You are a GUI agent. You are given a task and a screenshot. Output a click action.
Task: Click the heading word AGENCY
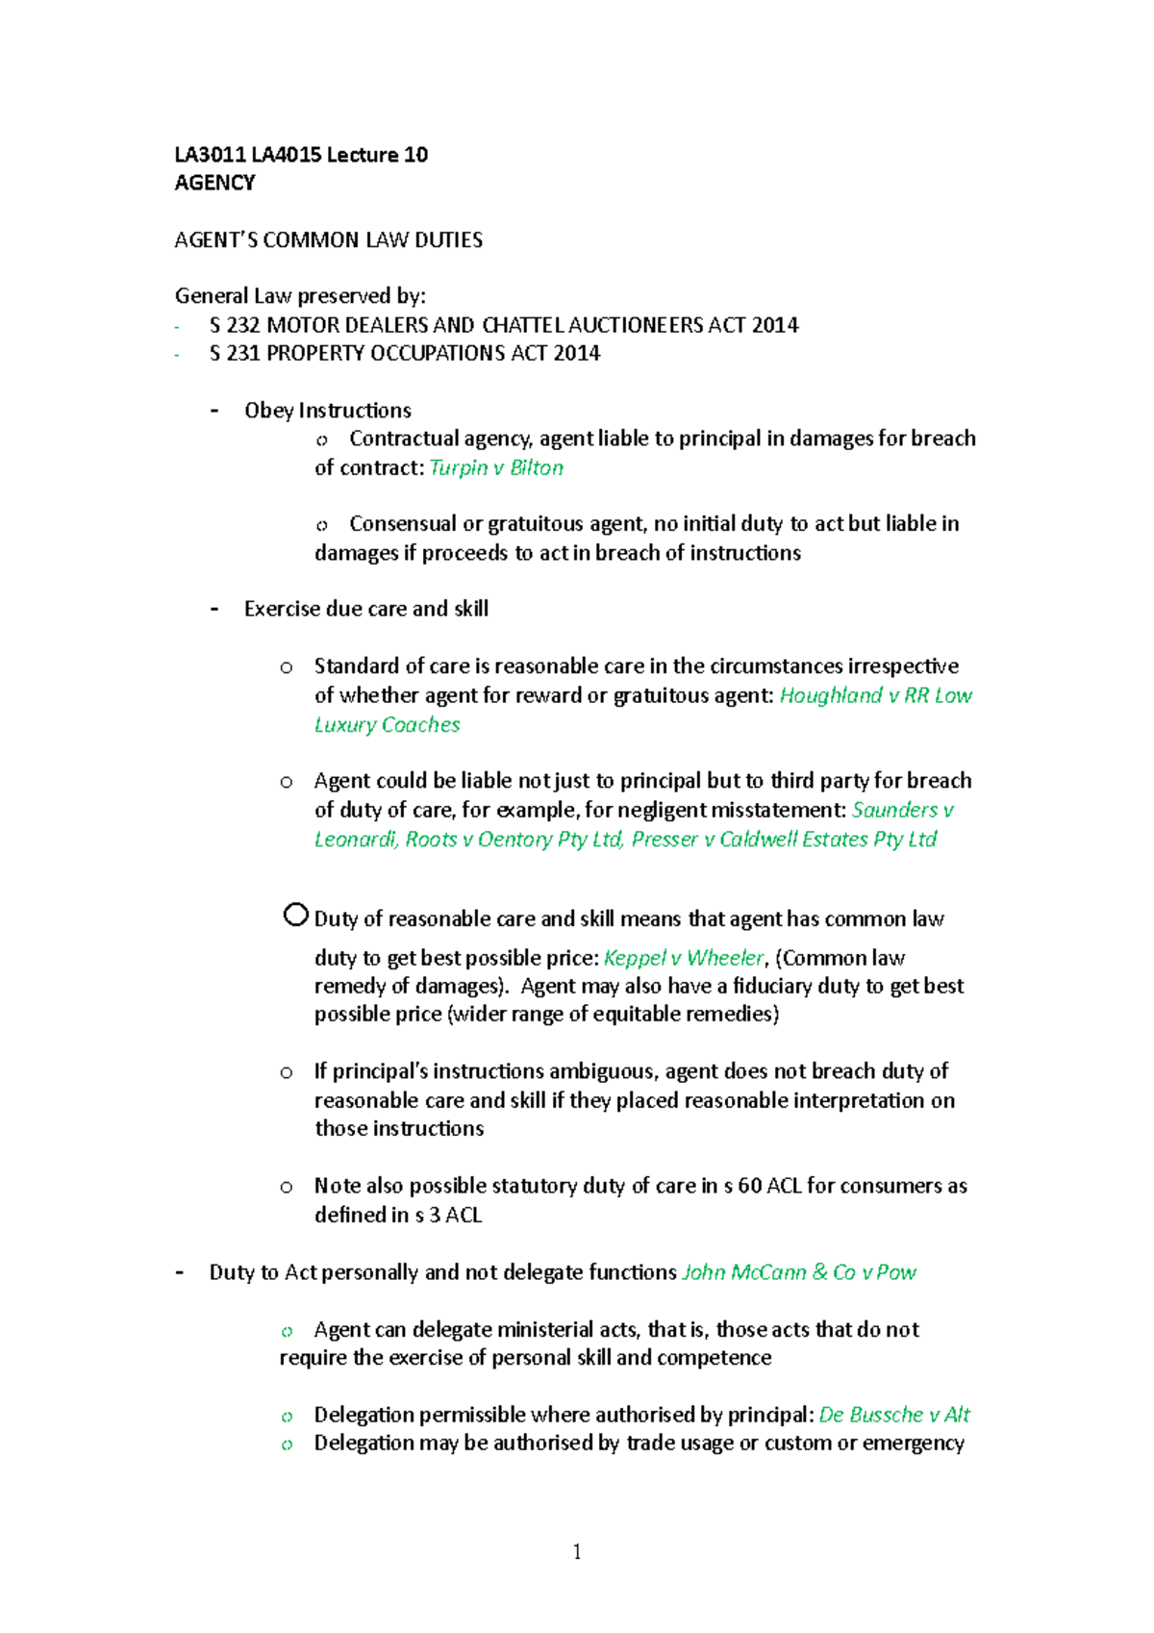tap(214, 183)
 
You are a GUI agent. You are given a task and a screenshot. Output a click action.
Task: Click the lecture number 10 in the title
tap(415, 155)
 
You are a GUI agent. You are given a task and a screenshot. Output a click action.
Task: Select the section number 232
tap(243, 325)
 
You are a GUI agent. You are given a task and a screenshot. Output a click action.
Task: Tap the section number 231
tap(243, 353)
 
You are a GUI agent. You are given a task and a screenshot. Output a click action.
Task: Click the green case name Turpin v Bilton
tap(495, 467)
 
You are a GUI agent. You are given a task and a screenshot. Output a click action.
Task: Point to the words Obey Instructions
tap(327, 411)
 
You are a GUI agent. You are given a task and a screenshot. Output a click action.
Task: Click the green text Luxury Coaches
tap(387, 724)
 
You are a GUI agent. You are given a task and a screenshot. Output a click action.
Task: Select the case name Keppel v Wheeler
tap(683, 958)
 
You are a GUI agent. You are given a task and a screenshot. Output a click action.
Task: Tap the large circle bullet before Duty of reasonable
tap(295, 915)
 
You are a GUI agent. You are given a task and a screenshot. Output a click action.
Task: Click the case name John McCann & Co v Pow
tap(798, 1272)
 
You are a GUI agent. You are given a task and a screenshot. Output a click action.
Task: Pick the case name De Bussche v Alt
tap(893, 1415)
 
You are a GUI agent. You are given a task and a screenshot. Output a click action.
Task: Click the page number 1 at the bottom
tap(576, 1551)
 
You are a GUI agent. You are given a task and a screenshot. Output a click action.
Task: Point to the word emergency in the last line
tap(913, 1443)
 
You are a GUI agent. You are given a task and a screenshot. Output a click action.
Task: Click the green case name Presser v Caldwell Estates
tap(784, 839)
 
